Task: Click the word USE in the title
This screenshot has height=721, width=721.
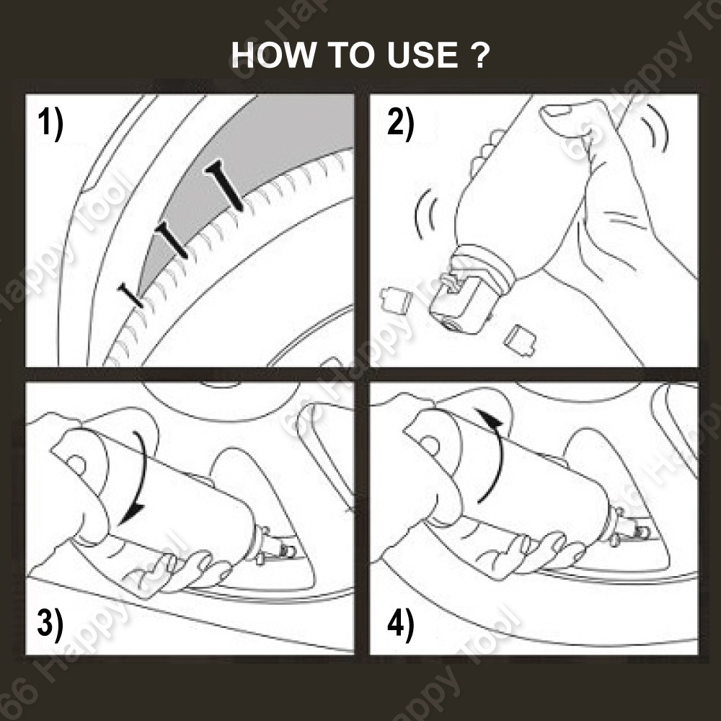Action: (x=422, y=55)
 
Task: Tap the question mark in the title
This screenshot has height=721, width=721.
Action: (x=480, y=55)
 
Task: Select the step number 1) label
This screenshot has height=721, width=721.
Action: (x=50, y=123)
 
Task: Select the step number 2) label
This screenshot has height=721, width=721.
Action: (x=400, y=123)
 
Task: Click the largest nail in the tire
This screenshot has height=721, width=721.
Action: (x=225, y=185)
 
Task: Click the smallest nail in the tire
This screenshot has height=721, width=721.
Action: (x=131, y=295)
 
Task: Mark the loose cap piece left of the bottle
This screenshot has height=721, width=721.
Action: (x=397, y=299)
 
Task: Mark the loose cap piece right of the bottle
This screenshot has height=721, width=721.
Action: (x=520, y=340)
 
